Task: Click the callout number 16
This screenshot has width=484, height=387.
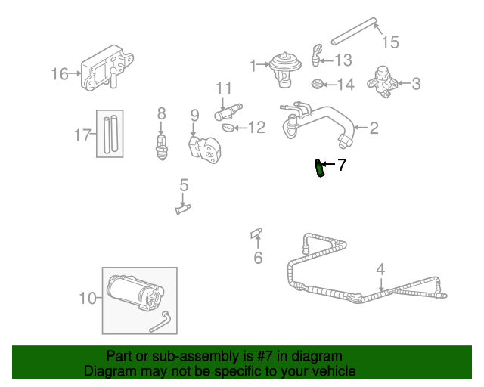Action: tap(59, 73)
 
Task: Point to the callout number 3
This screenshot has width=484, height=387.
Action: tap(417, 84)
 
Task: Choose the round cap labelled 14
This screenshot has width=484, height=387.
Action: tap(318, 84)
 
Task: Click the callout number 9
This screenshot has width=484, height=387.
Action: tap(194, 115)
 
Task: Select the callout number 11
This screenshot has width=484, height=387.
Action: tap(224, 88)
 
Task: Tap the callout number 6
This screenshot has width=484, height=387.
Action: tap(257, 259)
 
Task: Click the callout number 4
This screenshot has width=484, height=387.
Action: tap(380, 268)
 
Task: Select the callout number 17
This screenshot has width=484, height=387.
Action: tap(82, 136)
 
